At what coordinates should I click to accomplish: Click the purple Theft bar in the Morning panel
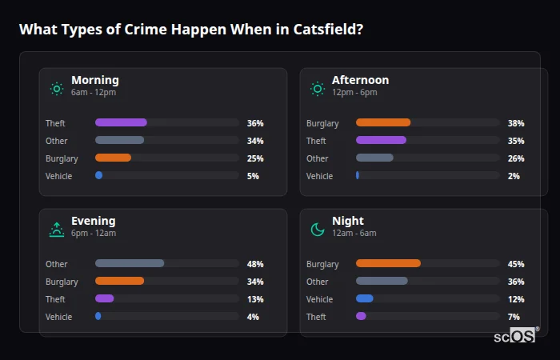coord(121,122)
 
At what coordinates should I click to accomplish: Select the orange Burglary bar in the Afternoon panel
coord(383,122)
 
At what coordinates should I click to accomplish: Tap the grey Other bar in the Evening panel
coord(130,263)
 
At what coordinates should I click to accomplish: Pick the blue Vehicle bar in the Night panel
coord(365,298)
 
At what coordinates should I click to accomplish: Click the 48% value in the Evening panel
coord(255,264)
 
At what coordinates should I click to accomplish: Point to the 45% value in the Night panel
coord(516,264)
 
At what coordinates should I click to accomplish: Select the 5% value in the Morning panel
coord(253,176)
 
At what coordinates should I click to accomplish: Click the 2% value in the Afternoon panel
coord(514,176)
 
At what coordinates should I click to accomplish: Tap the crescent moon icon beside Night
coord(318,230)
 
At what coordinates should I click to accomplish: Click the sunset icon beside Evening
coord(56,230)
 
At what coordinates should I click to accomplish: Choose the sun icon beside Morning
coord(56,89)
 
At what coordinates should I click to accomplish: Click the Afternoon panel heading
coord(360,80)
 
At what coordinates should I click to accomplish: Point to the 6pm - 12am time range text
coord(94,234)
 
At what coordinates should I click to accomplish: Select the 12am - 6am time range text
coord(354,234)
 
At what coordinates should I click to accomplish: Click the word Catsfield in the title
coord(325,30)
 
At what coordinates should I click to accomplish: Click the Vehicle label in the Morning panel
coord(59,176)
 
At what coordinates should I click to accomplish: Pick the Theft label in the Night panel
coord(316,317)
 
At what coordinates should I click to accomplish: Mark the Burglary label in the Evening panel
coord(62,282)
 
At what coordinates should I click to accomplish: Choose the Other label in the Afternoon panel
coord(318,158)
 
